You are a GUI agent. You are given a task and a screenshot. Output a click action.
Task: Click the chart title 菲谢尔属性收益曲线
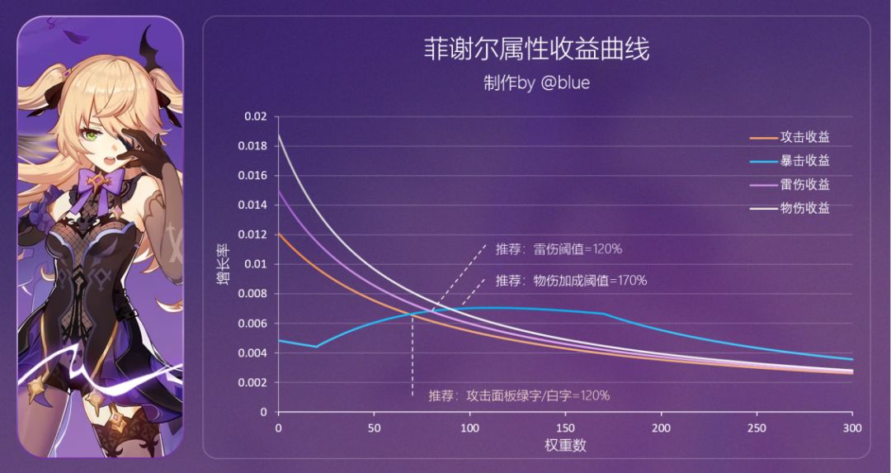pyautogui.click(x=536, y=50)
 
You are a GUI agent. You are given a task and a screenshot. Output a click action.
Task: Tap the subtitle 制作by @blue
pyautogui.click(x=536, y=83)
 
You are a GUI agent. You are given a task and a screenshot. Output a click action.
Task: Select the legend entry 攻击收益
pyautogui.click(x=804, y=137)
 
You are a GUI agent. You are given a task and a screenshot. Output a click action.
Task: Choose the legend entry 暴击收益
pyautogui.click(x=804, y=161)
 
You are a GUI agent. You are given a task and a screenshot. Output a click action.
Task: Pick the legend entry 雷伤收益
pyautogui.click(x=804, y=184)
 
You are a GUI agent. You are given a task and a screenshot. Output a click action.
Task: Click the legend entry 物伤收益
pyautogui.click(x=804, y=208)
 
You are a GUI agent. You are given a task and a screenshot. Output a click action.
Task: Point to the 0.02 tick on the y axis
pyautogui.click(x=257, y=117)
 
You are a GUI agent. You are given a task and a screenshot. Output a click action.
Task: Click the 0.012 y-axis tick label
pyautogui.click(x=254, y=234)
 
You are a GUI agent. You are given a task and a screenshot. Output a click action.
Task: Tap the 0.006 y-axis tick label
pyautogui.click(x=254, y=324)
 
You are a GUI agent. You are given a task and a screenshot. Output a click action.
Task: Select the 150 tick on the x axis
pyautogui.click(x=565, y=428)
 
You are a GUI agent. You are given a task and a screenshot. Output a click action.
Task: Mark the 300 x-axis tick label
pyautogui.click(x=852, y=428)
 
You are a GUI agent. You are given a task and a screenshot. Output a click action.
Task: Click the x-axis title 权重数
pyautogui.click(x=564, y=446)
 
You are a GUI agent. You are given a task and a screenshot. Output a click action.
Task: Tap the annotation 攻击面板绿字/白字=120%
pyautogui.click(x=519, y=395)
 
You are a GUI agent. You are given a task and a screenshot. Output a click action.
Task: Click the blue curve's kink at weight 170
pyautogui.click(x=604, y=314)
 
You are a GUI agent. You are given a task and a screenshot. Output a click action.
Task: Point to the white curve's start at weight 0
pyautogui.click(x=279, y=134)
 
